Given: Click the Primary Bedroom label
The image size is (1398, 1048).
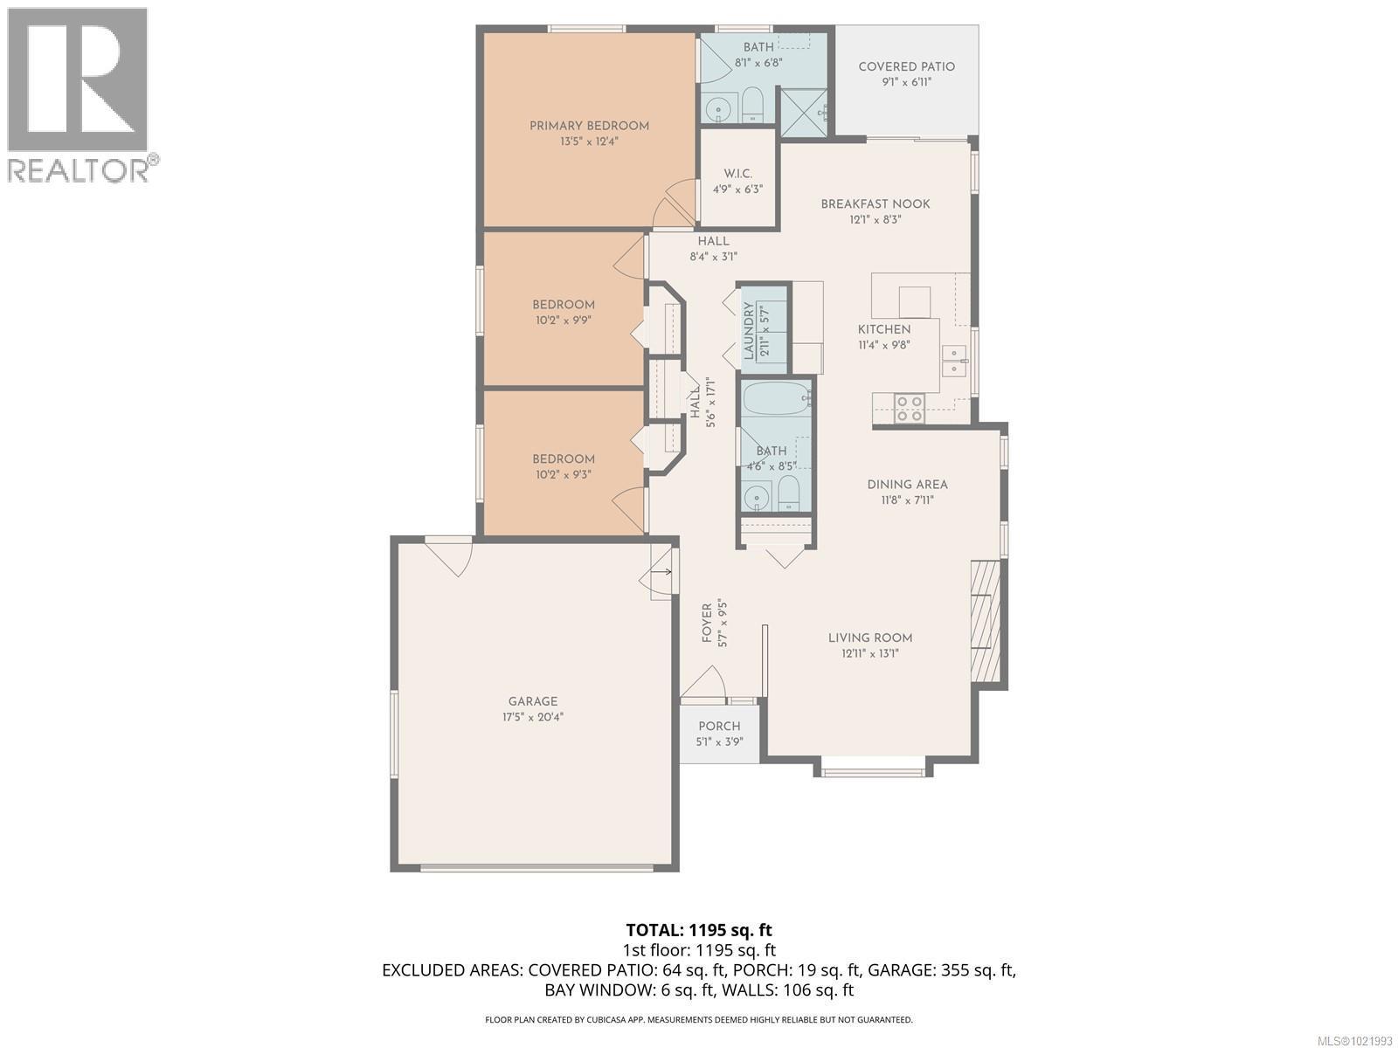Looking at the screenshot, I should click(589, 126).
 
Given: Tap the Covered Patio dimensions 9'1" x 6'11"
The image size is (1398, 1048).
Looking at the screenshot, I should click(906, 82).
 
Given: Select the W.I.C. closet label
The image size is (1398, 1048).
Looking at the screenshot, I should click(737, 173).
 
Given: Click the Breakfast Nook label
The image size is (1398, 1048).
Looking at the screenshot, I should click(875, 204).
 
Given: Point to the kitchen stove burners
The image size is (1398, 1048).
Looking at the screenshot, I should click(910, 408).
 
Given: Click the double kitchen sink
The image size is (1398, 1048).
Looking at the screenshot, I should click(953, 361).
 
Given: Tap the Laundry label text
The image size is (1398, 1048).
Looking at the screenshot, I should click(749, 331).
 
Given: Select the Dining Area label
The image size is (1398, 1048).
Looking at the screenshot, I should click(907, 485).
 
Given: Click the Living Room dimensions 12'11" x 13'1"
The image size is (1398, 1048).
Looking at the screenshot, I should click(870, 653).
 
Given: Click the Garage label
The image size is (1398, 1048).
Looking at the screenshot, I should click(533, 701).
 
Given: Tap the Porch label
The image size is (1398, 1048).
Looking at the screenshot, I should click(719, 727).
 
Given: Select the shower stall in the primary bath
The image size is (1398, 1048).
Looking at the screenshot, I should click(802, 113).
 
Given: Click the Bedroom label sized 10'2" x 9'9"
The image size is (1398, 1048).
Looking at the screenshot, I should click(564, 305).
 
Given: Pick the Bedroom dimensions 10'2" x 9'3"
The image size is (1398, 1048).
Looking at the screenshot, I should click(564, 475).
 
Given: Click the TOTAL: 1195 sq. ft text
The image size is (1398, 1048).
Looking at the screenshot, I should click(699, 930).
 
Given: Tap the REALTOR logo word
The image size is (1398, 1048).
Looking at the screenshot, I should click(79, 169).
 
